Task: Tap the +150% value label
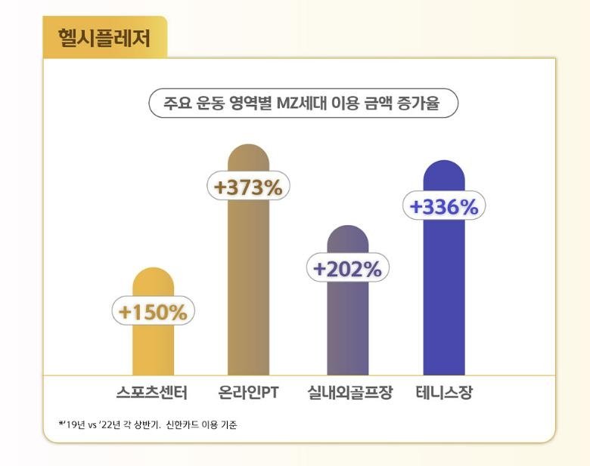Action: click(154, 311)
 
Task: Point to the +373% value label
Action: click(248, 187)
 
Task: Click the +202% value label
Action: click(347, 269)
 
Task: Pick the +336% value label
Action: click(443, 206)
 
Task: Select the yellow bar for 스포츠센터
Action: click(154, 347)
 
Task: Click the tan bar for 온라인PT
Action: click(248, 287)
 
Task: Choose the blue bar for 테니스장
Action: click(443, 302)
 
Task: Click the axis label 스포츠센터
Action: click(151, 393)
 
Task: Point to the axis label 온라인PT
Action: click(250, 393)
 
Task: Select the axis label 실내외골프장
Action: click(350, 393)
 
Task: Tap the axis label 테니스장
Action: click(444, 393)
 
